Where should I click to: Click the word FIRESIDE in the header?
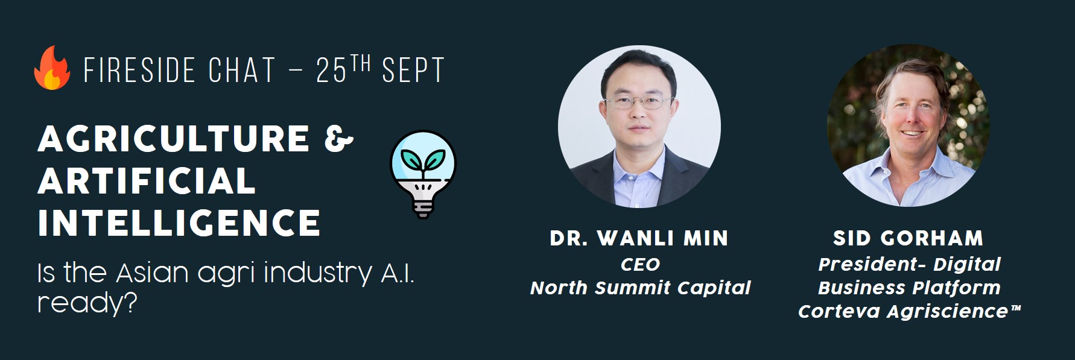[139, 71]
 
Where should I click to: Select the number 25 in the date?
[331, 71]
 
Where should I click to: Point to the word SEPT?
[413, 71]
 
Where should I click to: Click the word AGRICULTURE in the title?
[174, 139]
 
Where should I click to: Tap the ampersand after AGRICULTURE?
[338, 139]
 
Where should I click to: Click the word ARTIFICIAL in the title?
[147, 181]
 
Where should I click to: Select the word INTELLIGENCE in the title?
[179, 223]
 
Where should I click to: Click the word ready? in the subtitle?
[87, 302]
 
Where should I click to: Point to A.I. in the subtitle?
[397, 273]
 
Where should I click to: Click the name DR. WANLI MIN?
[639, 239]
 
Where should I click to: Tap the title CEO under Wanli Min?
[640, 264]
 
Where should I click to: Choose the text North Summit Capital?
[640, 288]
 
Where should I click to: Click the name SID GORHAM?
[908, 238]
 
